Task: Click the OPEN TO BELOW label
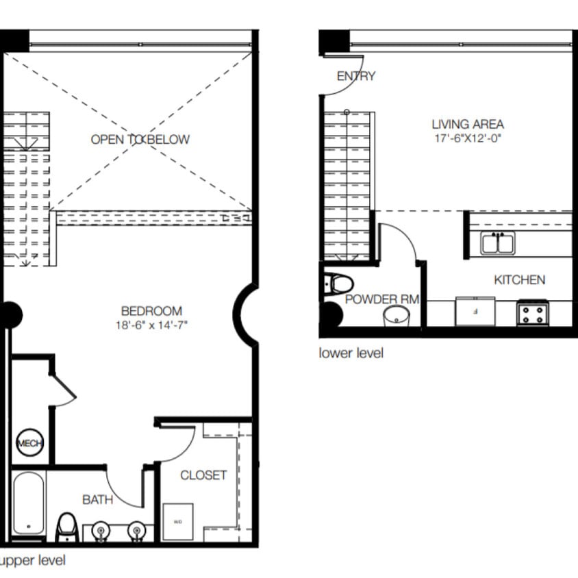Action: point(140,140)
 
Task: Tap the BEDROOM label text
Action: point(151,311)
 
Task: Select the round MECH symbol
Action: point(29,443)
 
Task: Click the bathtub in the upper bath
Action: point(29,503)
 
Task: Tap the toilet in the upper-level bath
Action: point(67,527)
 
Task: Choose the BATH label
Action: point(97,500)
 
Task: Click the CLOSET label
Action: point(203,475)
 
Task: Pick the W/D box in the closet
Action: point(178,522)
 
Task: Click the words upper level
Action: point(33,561)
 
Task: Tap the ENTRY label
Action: point(356,76)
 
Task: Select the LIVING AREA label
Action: point(468,125)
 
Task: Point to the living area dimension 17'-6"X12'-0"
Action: point(468,138)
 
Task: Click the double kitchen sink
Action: point(498,243)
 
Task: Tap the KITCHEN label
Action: point(520,279)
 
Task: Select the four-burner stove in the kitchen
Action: point(532,314)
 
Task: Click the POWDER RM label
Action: point(382,299)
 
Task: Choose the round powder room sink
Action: point(396,316)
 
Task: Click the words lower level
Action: point(351,353)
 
